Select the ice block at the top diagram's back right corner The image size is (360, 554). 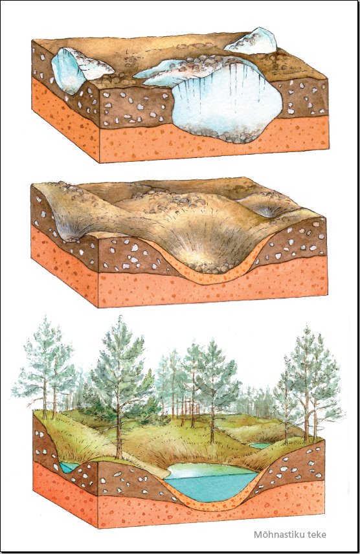(252, 41)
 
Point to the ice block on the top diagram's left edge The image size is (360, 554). (71, 71)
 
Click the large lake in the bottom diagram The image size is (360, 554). (212, 482)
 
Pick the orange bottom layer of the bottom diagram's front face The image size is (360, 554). (212, 513)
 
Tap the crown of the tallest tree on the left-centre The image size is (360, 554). (120, 364)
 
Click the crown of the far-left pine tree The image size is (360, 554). (44, 360)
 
